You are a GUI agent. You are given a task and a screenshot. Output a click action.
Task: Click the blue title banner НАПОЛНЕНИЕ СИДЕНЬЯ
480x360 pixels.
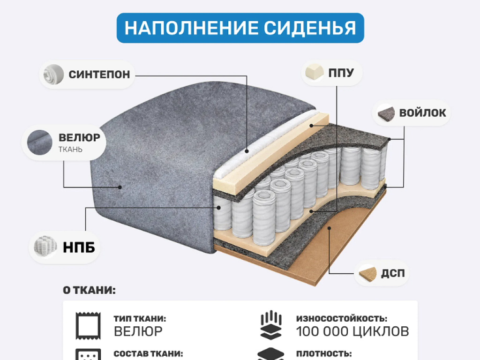pyautogui.click(x=240, y=28)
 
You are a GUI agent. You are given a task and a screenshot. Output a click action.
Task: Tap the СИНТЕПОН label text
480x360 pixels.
pyautogui.click(x=99, y=75)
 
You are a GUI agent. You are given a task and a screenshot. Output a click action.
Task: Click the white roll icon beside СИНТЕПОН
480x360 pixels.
pyautogui.click(x=53, y=75)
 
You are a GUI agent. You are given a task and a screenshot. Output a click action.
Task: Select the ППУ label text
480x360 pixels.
pyautogui.click(x=341, y=73)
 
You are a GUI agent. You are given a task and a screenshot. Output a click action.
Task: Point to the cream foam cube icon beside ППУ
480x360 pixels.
pyautogui.click(x=315, y=72)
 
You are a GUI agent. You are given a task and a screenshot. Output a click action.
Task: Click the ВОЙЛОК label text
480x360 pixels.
pyautogui.click(x=422, y=112)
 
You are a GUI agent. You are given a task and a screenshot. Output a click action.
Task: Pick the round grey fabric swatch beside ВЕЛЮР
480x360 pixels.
pyautogui.click(x=39, y=142)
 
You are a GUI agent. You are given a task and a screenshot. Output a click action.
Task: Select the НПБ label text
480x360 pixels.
pyautogui.click(x=79, y=247)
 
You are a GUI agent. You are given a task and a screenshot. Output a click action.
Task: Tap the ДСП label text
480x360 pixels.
pyautogui.click(x=393, y=273)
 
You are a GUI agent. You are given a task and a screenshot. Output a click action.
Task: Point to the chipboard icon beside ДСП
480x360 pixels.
pyautogui.click(x=367, y=273)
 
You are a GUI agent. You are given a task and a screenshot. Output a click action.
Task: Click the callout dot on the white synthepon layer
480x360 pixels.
pyautogui.click(x=247, y=151)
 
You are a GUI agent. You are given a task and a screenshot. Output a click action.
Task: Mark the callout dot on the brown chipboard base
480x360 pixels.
pyautogui.click(x=330, y=228)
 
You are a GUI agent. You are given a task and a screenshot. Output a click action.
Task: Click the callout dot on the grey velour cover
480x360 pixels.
pyautogui.click(x=120, y=187)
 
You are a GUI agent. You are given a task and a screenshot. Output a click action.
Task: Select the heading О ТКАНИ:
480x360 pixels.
pyautogui.click(x=90, y=290)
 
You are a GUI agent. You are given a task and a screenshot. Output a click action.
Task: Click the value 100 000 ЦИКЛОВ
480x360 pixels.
pyautogui.click(x=352, y=331)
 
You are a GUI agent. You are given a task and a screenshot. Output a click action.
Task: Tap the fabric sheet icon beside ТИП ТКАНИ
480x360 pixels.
pyautogui.click(x=88, y=326)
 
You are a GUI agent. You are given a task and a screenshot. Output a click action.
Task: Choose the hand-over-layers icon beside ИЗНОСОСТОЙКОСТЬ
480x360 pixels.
pyautogui.click(x=271, y=325)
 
